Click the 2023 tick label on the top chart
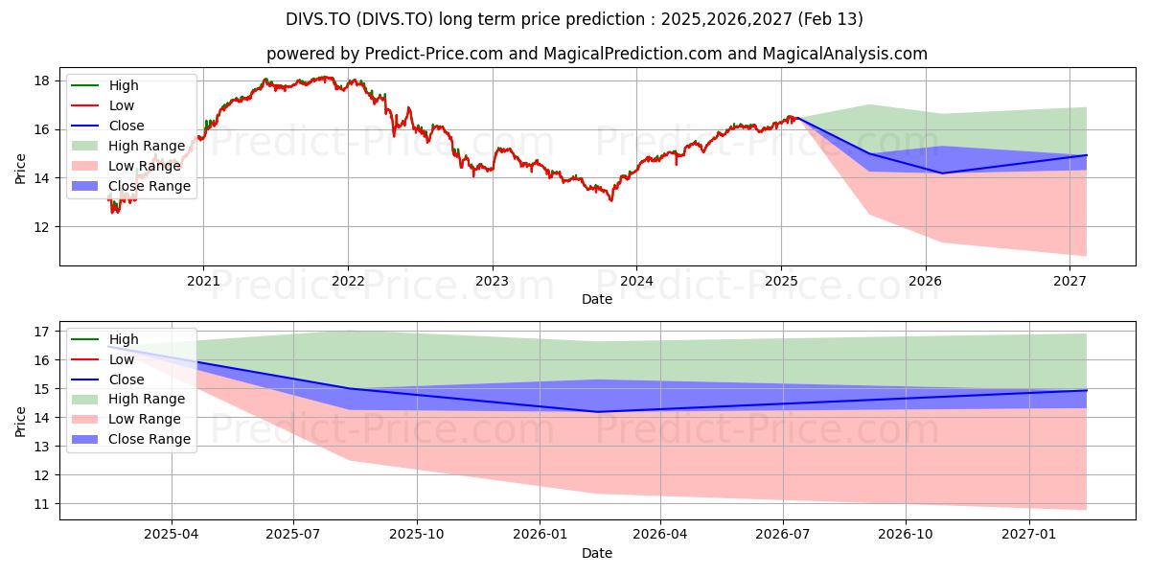click(x=492, y=282)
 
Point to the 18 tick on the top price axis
click(x=42, y=81)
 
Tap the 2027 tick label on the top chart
click(x=1069, y=282)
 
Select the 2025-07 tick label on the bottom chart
click(x=293, y=535)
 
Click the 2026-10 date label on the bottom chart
click(x=906, y=535)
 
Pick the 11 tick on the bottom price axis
click(x=42, y=505)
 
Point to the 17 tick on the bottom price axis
click(x=42, y=333)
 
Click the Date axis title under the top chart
click(x=596, y=299)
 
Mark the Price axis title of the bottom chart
click(x=20, y=422)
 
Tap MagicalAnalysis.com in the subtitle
click(x=844, y=54)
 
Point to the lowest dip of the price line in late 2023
click(x=611, y=200)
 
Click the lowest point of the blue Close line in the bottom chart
click(x=597, y=412)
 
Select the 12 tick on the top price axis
click(x=42, y=227)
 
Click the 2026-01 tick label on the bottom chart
click(x=540, y=535)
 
